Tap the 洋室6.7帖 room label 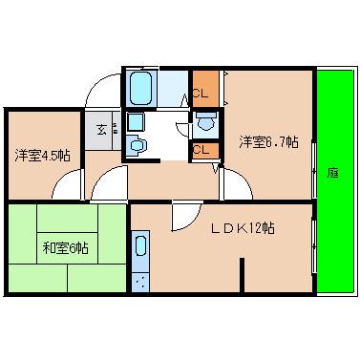click(268, 143)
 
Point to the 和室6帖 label click(66, 248)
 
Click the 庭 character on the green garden click(332, 173)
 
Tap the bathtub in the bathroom click(141, 90)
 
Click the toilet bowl click(205, 122)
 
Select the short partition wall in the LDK click(243, 278)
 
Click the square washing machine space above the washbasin click(135, 121)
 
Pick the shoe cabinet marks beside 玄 click(116, 127)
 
